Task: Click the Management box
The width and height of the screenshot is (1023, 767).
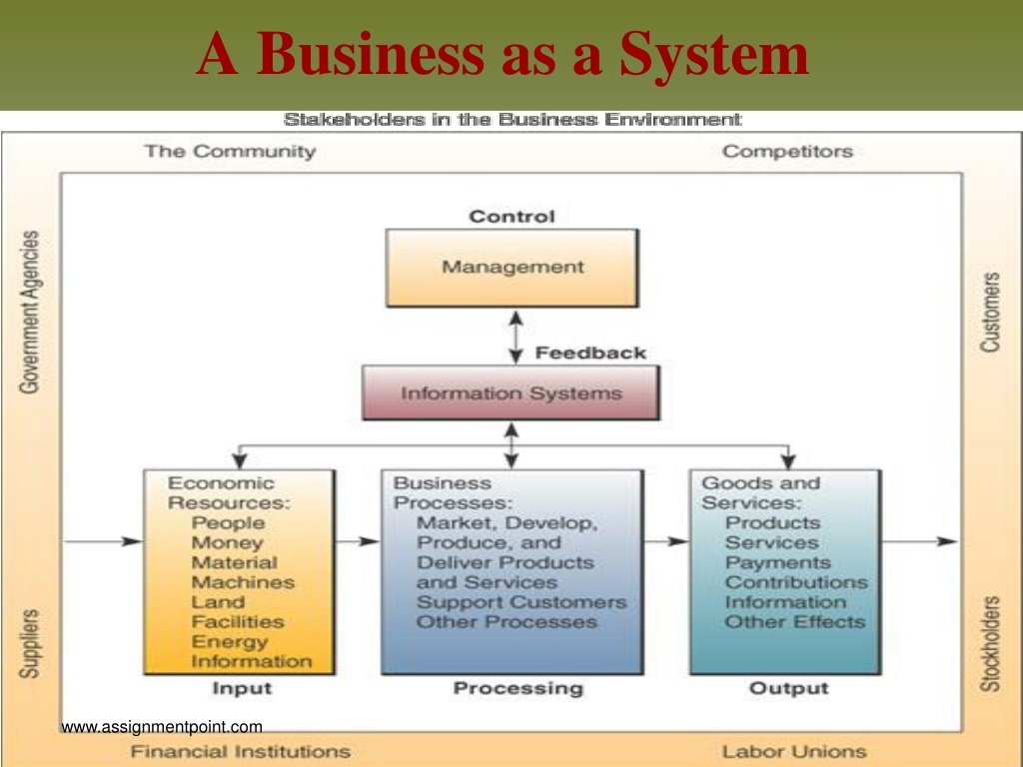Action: click(512, 268)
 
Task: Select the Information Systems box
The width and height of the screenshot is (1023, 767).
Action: click(511, 392)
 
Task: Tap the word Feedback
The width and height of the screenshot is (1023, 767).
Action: click(590, 353)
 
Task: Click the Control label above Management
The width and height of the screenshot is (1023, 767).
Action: click(512, 217)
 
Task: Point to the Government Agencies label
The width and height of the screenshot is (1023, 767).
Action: click(29, 312)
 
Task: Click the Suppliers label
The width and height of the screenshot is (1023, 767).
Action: click(29, 644)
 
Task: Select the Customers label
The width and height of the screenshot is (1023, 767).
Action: click(990, 313)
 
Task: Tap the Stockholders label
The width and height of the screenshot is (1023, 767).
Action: click(990, 643)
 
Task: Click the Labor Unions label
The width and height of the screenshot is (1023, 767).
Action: click(794, 751)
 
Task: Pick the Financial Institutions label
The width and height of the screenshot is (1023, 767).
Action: click(240, 751)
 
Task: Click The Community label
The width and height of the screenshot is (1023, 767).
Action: click(231, 152)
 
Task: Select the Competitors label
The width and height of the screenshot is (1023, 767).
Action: click(787, 152)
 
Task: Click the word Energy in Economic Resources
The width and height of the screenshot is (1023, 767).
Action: click(230, 642)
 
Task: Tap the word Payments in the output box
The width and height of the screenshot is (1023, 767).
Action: click(777, 562)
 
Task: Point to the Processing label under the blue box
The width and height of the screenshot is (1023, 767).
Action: click(518, 688)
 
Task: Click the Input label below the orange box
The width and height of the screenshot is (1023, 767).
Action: click(242, 688)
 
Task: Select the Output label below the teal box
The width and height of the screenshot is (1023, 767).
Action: click(789, 688)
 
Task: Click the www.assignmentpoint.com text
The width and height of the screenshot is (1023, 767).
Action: click(162, 727)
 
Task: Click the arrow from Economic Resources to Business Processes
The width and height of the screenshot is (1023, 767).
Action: click(358, 541)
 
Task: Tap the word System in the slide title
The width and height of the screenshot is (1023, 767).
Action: click(714, 55)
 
